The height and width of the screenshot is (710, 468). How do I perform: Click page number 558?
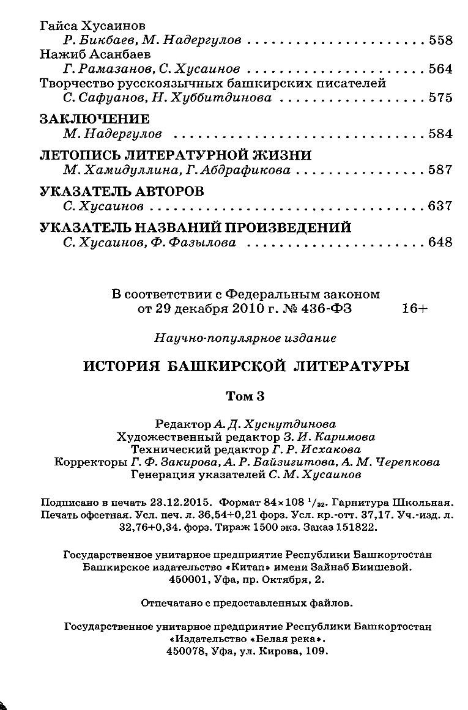[x=440, y=40]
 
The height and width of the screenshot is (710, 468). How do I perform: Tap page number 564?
[x=440, y=69]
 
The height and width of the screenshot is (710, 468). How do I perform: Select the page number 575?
[x=440, y=98]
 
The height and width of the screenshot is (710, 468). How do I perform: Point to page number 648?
[x=440, y=242]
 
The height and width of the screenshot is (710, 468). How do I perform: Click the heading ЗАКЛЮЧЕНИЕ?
[x=94, y=119]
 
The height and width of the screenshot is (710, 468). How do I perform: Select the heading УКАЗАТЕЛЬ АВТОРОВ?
[x=122, y=191]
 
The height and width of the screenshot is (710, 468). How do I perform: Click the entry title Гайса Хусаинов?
[x=92, y=26]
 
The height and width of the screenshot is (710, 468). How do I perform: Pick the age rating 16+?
[x=414, y=309]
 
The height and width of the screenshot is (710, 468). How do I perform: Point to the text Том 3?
[x=245, y=396]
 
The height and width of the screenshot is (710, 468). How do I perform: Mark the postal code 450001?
[x=184, y=579]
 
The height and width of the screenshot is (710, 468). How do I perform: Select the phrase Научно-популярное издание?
[x=245, y=338]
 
